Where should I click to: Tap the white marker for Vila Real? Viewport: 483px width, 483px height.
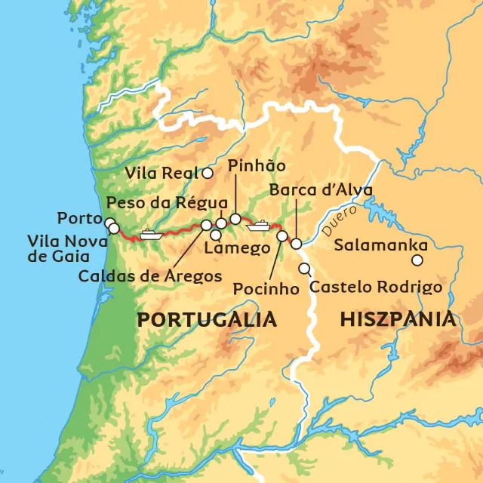[208, 174]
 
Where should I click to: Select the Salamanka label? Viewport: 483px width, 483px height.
[380, 245]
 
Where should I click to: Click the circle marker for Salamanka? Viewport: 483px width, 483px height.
[417, 260]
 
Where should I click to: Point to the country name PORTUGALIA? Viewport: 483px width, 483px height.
[207, 319]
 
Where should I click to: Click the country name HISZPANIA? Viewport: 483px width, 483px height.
[398, 319]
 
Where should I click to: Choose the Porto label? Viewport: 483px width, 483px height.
[79, 219]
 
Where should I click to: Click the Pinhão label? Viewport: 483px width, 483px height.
[255, 166]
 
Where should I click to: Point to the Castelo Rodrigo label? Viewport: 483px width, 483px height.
[376, 287]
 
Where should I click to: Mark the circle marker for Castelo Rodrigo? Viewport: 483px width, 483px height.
[304, 269]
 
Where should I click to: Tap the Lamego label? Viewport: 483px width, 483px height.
[237, 249]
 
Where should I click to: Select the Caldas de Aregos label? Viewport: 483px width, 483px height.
[149, 275]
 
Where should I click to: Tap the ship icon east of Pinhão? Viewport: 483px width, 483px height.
[260, 224]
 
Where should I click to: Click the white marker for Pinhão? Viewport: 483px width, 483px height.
[235, 219]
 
